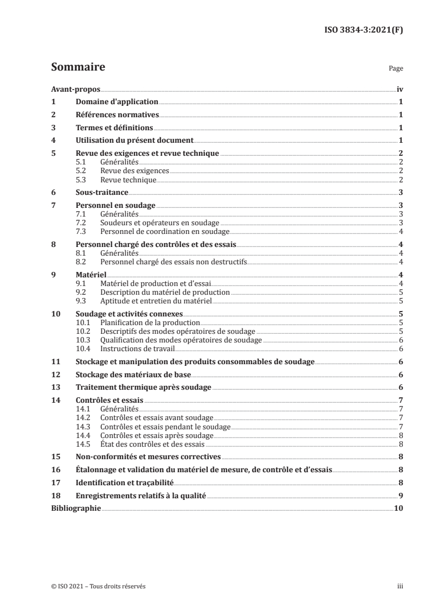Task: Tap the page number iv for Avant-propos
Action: (399, 90)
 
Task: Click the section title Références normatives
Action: (117, 115)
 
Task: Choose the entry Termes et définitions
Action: (114, 128)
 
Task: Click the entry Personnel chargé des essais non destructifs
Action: (174, 262)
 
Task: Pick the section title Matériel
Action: (91, 275)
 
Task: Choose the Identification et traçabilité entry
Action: (125, 481)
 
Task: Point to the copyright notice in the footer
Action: (98, 586)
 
